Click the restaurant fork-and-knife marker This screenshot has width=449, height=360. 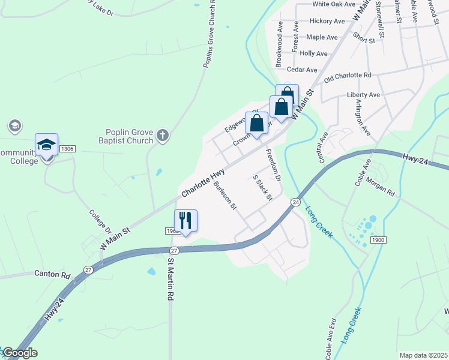(185, 220)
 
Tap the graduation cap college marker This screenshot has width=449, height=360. (46, 145)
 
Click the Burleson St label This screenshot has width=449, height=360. (226, 196)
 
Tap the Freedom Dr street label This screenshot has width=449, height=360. (273, 165)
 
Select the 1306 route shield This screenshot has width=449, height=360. (67, 148)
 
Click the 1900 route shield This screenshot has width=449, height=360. (378, 240)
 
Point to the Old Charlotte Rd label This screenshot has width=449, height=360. (348, 77)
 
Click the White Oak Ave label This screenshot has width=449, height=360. (334, 4)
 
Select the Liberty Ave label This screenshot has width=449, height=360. (363, 95)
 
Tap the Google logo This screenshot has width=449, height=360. (19, 353)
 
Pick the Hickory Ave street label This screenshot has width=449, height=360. (327, 21)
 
